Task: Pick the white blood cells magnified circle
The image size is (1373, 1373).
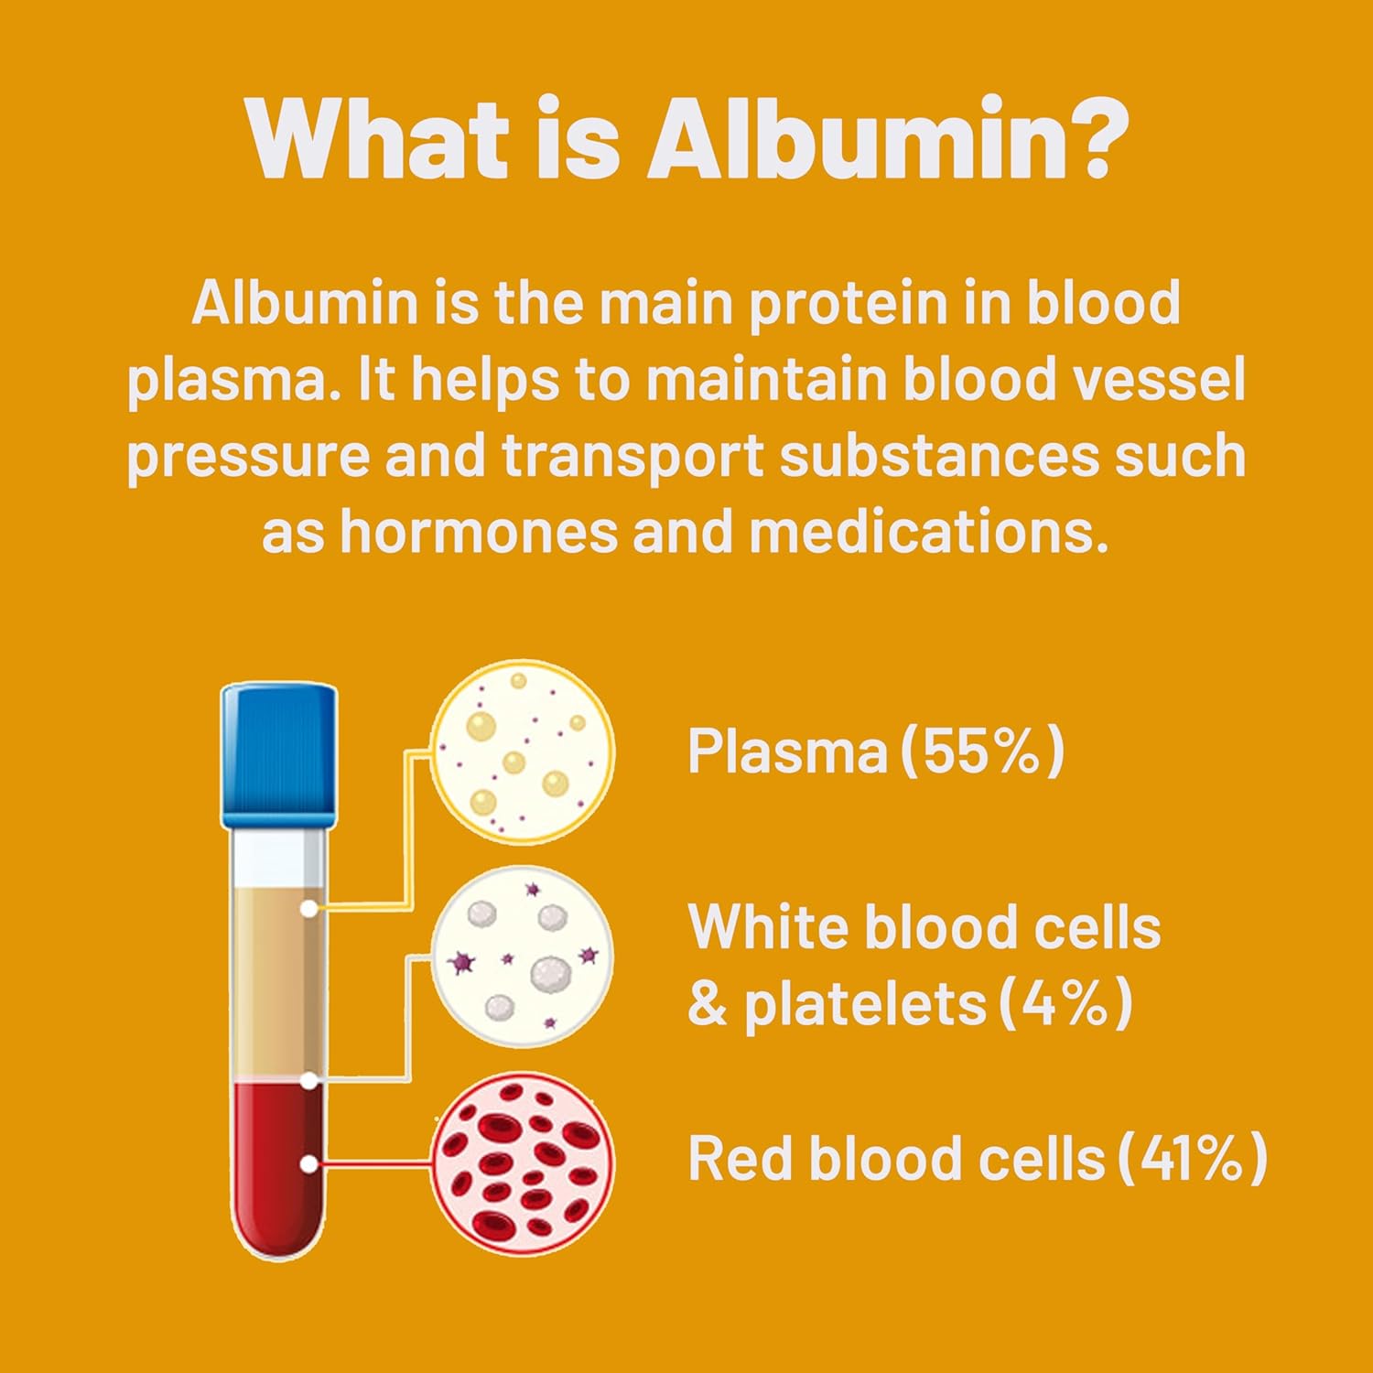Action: pos(523,957)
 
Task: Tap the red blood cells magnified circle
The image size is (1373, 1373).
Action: pos(523,1164)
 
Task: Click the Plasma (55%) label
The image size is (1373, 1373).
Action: pos(876,751)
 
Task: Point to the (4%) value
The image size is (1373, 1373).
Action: pos(1065,1004)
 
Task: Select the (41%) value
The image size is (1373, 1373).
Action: pos(1193,1158)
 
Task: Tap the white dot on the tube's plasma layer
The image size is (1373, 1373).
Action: pos(309,908)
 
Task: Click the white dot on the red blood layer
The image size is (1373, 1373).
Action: pos(309,1164)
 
